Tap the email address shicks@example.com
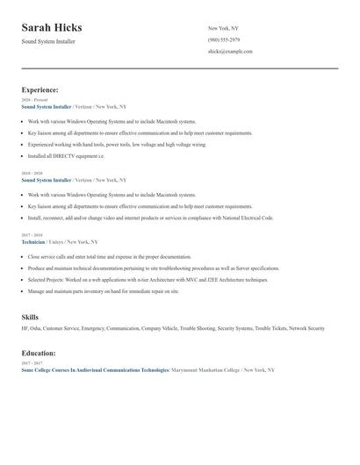[x=230, y=52]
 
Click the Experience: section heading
[x=40, y=89]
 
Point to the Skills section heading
[x=31, y=316]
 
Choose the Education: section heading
[x=39, y=353]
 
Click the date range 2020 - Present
[x=33, y=100]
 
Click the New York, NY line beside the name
[x=223, y=28]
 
